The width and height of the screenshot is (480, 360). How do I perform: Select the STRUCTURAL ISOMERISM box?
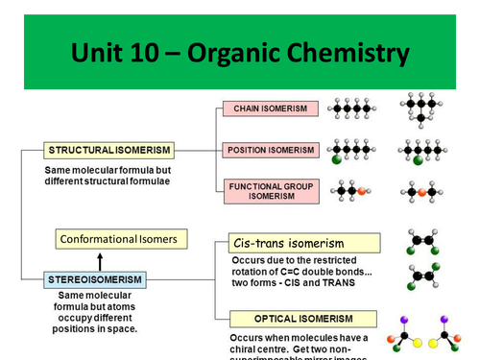tap(108, 150)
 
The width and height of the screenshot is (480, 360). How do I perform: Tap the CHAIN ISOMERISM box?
tap(269, 108)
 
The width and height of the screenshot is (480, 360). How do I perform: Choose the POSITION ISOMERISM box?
tap(269, 150)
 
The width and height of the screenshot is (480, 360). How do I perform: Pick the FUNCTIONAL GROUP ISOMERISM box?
tap(269, 190)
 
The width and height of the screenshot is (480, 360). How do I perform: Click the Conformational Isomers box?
tap(120, 239)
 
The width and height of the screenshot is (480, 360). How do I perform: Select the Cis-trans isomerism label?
tap(289, 244)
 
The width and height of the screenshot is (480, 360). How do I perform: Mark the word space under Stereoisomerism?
tap(116, 329)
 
